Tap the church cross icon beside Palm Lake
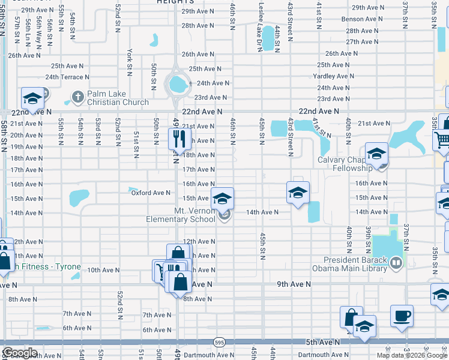tap(77, 95)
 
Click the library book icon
tap(396, 262)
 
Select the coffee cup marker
tap(402, 315)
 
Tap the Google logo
tap(19, 353)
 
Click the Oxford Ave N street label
tap(150, 193)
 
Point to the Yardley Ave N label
tap(333, 76)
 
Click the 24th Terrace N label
tap(67, 77)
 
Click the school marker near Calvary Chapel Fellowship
tap(377, 154)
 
